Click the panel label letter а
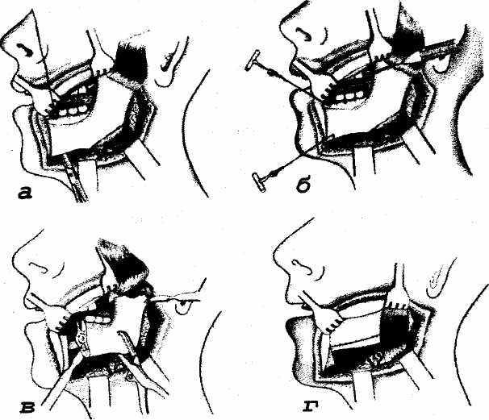25,193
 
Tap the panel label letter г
311,407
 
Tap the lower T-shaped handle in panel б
260,182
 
